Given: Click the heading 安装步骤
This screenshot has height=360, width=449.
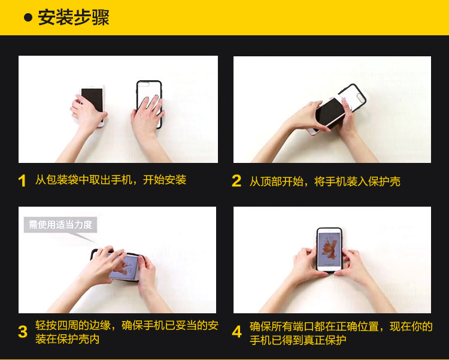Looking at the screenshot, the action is (74, 17).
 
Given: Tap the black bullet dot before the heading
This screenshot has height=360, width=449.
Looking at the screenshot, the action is (28, 17).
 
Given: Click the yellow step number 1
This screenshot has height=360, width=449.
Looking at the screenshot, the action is (22, 181).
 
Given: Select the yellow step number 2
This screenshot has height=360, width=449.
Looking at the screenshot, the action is (236, 181).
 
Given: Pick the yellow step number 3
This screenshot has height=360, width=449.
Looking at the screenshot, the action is (23, 332).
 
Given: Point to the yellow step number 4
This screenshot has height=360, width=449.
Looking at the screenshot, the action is (237, 332).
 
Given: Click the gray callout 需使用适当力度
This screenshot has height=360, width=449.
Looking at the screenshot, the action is (60, 225).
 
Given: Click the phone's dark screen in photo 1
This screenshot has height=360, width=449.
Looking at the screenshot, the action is (92, 99).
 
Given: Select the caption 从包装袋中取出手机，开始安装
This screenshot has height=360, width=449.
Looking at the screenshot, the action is (111, 180).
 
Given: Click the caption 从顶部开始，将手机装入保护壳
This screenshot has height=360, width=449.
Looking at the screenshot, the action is (324, 181).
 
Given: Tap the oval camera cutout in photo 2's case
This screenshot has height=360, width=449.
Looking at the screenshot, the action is (360, 98).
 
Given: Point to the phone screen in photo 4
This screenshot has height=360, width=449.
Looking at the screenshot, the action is (329, 249).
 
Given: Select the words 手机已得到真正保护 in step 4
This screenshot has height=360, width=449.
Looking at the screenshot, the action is (298, 340).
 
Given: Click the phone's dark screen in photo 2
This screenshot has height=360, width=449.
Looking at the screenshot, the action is (330, 113).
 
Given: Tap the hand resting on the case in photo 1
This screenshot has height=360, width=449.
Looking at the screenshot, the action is (147, 114).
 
